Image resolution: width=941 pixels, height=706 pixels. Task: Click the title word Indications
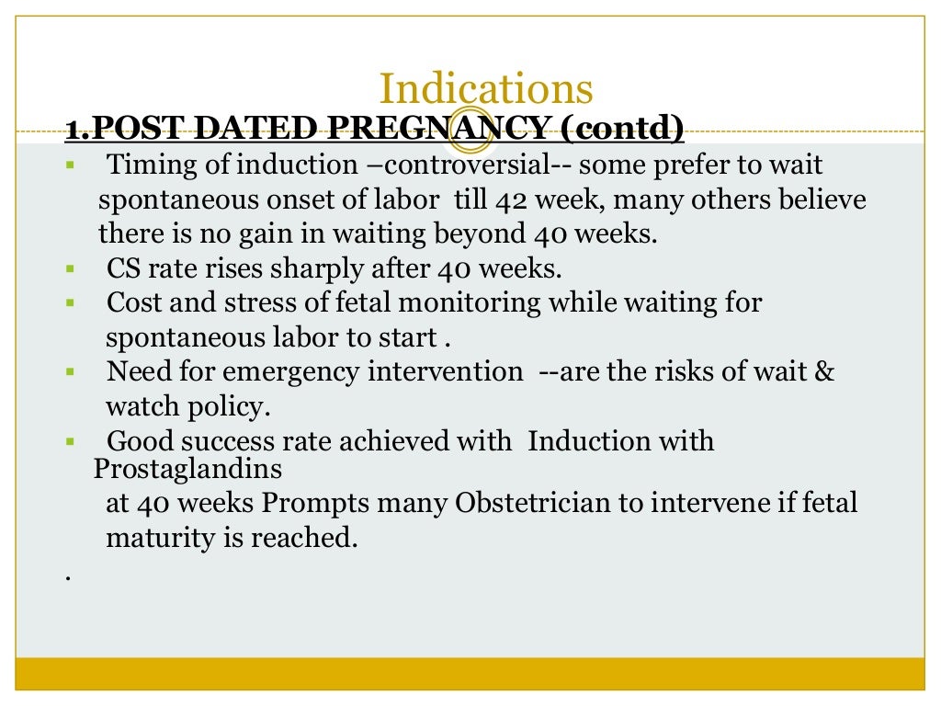click(485, 90)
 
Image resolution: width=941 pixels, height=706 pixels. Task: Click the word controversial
click(458, 166)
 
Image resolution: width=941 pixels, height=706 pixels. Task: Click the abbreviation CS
click(122, 269)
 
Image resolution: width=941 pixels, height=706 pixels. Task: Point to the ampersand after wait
click(824, 372)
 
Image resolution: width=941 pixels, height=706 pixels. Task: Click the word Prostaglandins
click(187, 470)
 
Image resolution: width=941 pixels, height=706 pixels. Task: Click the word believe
click(824, 200)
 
